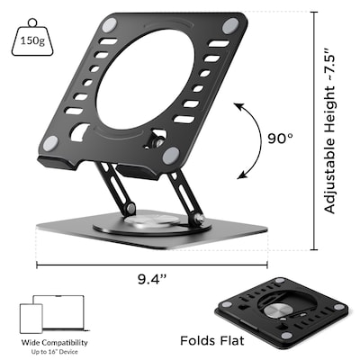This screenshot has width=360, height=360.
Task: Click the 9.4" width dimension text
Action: [154, 279]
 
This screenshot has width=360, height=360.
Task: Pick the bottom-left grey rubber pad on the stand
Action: [51, 142]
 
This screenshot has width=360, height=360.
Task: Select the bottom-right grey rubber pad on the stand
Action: [169, 155]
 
